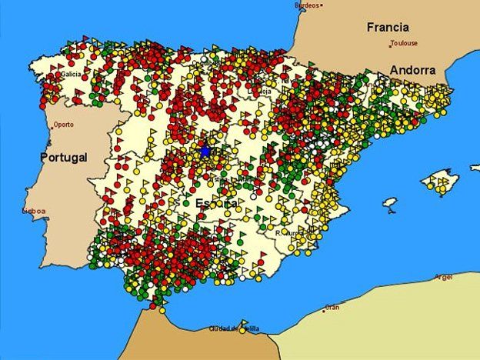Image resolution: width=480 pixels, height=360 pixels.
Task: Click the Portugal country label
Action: point(64,157)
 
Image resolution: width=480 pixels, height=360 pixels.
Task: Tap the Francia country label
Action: point(387,27)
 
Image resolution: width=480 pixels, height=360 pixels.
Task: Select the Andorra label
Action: point(412,70)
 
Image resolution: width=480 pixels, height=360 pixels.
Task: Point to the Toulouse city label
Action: point(404,44)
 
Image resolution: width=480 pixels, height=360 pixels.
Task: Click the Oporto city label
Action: point(64,124)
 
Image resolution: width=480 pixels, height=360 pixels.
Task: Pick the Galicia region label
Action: point(72,75)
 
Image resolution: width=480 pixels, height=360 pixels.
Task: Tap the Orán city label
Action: point(332,307)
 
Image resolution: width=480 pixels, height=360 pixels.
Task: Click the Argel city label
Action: point(444,277)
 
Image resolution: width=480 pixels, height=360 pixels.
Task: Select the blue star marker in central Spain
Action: point(205,152)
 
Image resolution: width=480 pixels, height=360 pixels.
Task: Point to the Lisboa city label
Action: point(34,210)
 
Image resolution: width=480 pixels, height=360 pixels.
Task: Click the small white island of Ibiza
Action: point(390,203)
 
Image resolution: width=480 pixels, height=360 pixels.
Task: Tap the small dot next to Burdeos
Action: point(322,5)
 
